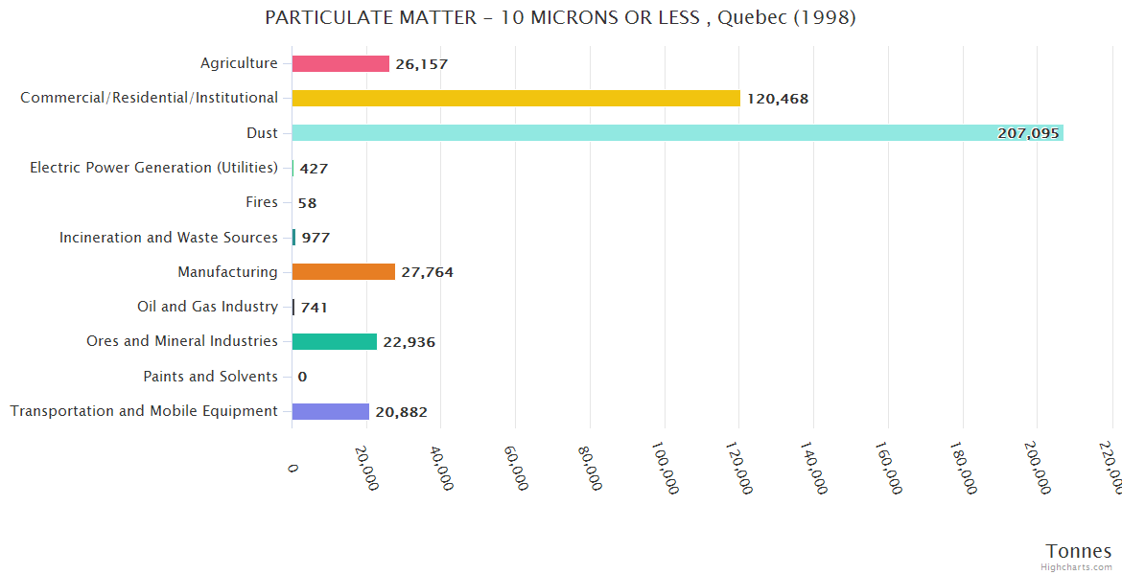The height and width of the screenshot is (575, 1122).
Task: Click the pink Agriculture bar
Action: pyautogui.click(x=340, y=63)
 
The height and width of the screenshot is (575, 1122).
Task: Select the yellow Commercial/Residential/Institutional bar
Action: pyautogui.click(x=516, y=98)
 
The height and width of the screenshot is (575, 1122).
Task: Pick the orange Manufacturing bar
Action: pyautogui.click(x=343, y=272)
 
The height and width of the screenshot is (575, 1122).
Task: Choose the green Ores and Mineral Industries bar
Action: pyautogui.click(x=335, y=341)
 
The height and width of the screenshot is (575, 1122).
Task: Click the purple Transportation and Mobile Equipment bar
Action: pyautogui.click(x=331, y=411)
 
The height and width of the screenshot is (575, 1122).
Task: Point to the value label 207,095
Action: pyautogui.click(x=1028, y=133)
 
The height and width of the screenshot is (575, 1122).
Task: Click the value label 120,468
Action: pyautogui.click(x=778, y=99)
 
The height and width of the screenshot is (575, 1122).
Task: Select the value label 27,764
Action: pyautogui.click(x=427, y=272)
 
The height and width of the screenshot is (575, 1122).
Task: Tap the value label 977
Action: pyautogui.click(x=316, y=238)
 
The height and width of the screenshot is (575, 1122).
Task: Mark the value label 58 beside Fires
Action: pyautogui.click(x=307, y=203)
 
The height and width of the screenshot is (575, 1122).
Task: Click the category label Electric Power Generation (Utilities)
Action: pyautogui.click(x=153, y=168)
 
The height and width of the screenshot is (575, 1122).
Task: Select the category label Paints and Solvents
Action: pyautogui.click(x=210, y=377)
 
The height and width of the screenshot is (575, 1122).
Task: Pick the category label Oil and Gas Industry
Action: pyautogui.click(x=207, y=307)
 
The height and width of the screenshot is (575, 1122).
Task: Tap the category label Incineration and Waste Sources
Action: pyautogui.click(x=168, y=238)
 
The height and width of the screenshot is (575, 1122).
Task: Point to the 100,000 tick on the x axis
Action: pyautogui.click(x=665, y=468)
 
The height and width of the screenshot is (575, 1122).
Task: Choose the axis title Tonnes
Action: pyautogui.click(x=1078, y=551)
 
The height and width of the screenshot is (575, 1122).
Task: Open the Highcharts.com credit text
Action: pyautogui.click(x=1077, y=567)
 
